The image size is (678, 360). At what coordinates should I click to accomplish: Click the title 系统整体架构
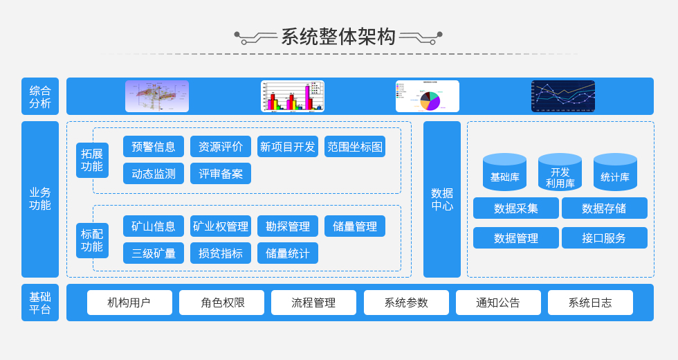click(x=338, y=37)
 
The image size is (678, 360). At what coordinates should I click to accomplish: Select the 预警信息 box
click(x=154, y=147)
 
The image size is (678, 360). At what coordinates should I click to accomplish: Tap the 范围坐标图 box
click(x=355, y=147)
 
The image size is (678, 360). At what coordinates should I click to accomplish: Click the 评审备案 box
click(x=221, y=174)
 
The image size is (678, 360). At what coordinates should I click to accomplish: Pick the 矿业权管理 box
click(x=221, y=226)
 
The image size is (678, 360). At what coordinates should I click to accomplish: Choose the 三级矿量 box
click(x=154, y=253)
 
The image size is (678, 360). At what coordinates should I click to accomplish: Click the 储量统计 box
click(x=288, y=253)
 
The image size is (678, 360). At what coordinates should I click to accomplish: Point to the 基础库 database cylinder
click(x=504, y=173)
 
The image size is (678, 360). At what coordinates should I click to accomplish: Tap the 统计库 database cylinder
click(x=615, y=173)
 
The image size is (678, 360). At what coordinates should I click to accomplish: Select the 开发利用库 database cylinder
click(x=560, y=173)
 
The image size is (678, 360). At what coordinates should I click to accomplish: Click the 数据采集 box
click(x=516, y=208)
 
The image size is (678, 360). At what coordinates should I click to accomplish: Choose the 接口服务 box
click(x=605, y=238)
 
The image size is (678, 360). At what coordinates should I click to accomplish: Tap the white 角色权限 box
click(x=221, y=303)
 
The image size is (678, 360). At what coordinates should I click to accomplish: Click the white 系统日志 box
click(x=590, y=303)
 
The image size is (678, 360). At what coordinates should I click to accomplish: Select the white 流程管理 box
click(x=313, y=303)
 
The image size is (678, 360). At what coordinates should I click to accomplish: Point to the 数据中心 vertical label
click(x=442, y=199)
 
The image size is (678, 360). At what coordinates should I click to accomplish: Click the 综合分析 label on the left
click(x=40, y=96)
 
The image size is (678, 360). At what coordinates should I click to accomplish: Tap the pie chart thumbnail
click(x=428, y=96)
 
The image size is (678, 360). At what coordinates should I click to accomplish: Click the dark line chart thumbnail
click(x=563, y=96)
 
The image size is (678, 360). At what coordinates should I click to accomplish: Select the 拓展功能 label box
click(x=92, y=161)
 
